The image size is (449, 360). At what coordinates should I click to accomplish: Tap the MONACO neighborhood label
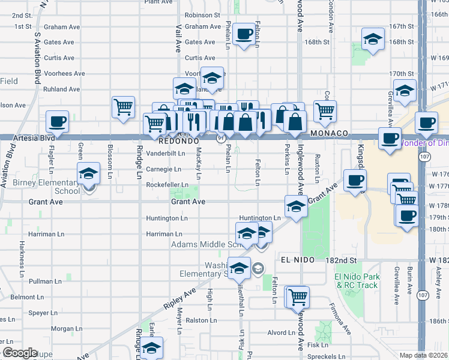click(x=330, y=133)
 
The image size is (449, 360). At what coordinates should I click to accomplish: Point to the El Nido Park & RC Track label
click(x=357, y=281)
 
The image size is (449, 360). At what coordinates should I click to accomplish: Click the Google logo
click(x=20, y=353)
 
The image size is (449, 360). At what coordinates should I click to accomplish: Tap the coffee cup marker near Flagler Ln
click(x=58, y=122)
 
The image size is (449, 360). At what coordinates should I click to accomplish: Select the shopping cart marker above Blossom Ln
click(x=123, y=107)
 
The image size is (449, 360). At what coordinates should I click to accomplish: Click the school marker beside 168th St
click(x=373, y=40)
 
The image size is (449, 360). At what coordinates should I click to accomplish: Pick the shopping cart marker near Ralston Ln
click(x=298, y=296)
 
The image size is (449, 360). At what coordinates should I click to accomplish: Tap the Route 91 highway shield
click(x=221, y=139)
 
